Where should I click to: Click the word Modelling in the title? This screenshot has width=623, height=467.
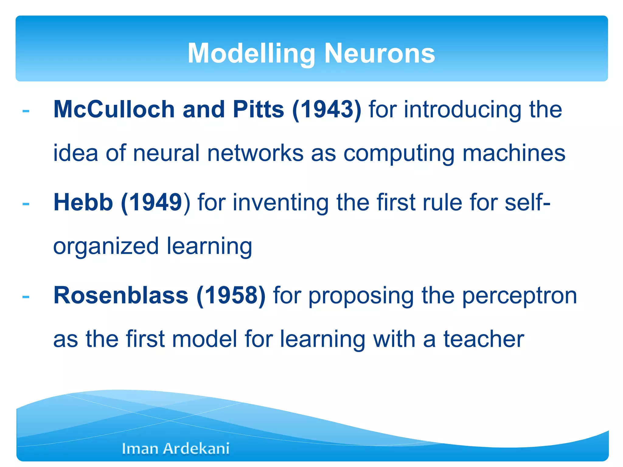pyautogui.click(x=251, y=54)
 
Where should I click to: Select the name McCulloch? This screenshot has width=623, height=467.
pyautogui.click(x=114, y=109)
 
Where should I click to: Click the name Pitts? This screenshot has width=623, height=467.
pyautogui.click(x=258, y=109)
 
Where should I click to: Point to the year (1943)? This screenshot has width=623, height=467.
pyautogui.click(x=327, y=109)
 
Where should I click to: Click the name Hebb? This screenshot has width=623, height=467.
pyautogui.click(x=83, y=202)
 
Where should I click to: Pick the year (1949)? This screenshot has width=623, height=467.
pyautogui.click(x=155, y=202)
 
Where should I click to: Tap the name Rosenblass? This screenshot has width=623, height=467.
pyautogui.click(x=121, y=295)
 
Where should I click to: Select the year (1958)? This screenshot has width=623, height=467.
pyautogui.click(x=231, y=296)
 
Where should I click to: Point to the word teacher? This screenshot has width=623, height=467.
pyautogui.click(x=484, y=339)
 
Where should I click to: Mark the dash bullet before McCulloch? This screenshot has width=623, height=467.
pyautogui.click(x=26, y=111)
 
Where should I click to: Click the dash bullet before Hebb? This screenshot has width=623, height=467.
pyautogui.click(x=26, y=204)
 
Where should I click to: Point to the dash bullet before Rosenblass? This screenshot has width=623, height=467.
pyautogui.click(x=26, y=297)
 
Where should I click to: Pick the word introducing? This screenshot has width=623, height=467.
pyautogui.click(x=463, y=109)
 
